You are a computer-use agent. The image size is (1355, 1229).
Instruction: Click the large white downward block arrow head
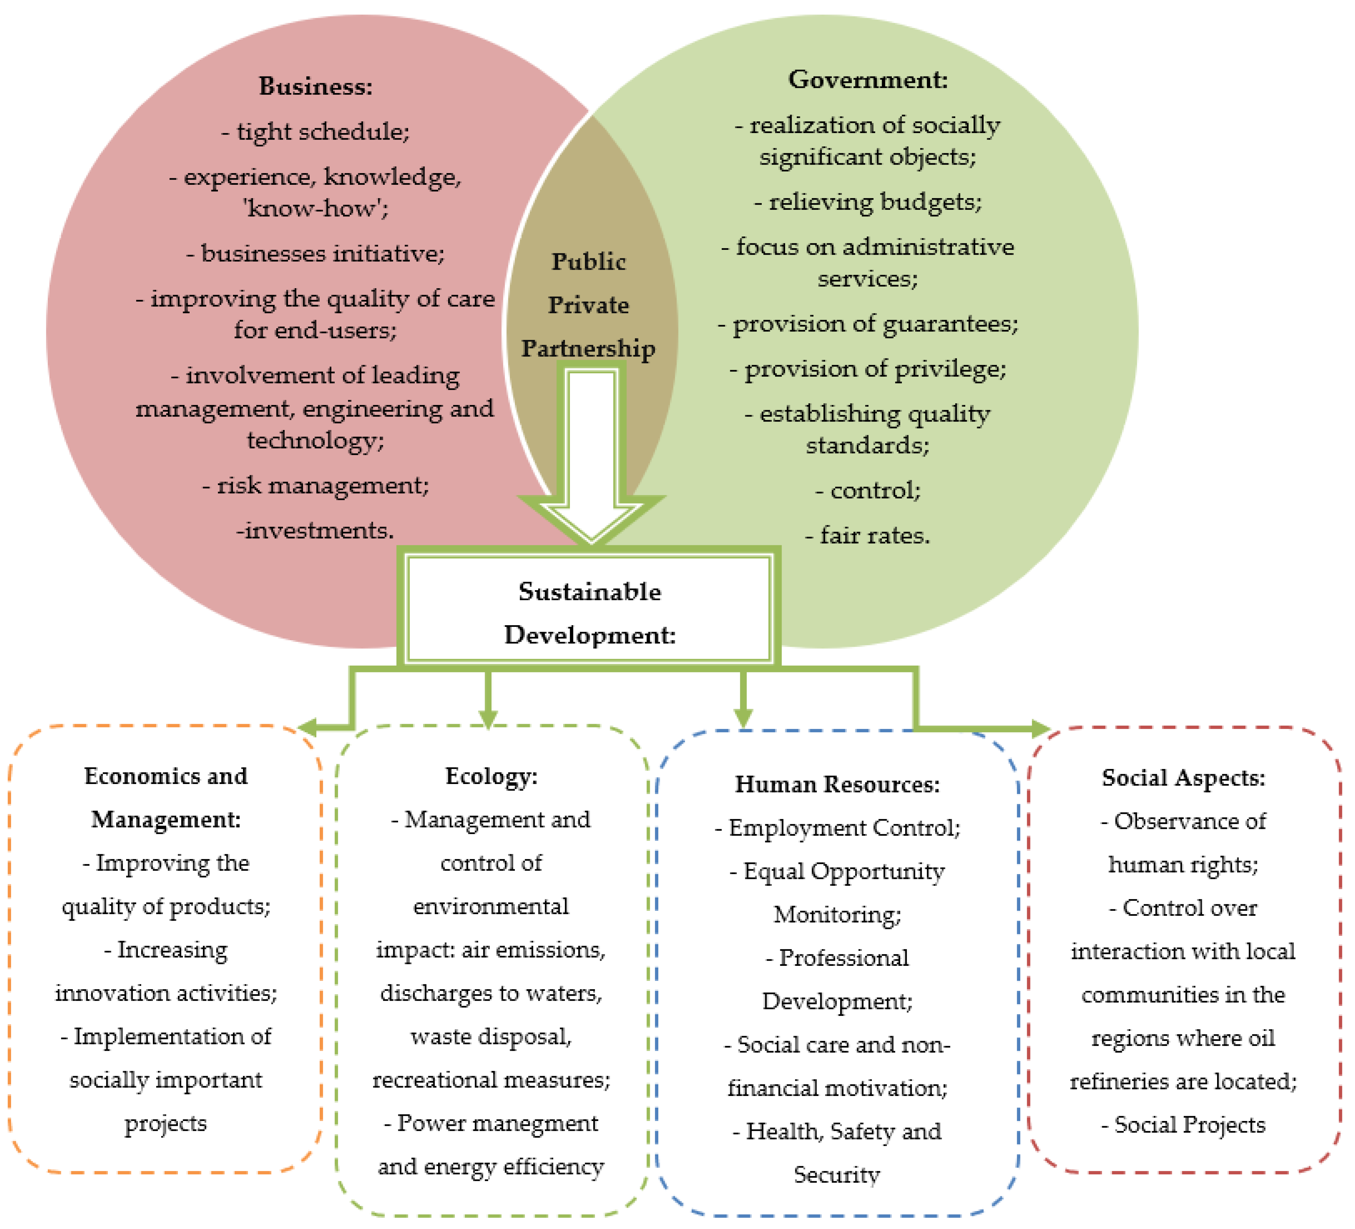pos(591,518)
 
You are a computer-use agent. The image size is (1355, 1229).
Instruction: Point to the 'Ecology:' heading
pos(491,777)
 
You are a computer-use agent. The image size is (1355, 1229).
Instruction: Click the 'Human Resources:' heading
pos(838,785)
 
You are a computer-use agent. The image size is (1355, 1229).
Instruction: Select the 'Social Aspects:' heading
pos(1184,778)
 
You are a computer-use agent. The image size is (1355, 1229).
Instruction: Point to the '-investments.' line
pos(315,531)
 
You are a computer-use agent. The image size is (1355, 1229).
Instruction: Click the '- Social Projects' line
pos(1184,1125)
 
